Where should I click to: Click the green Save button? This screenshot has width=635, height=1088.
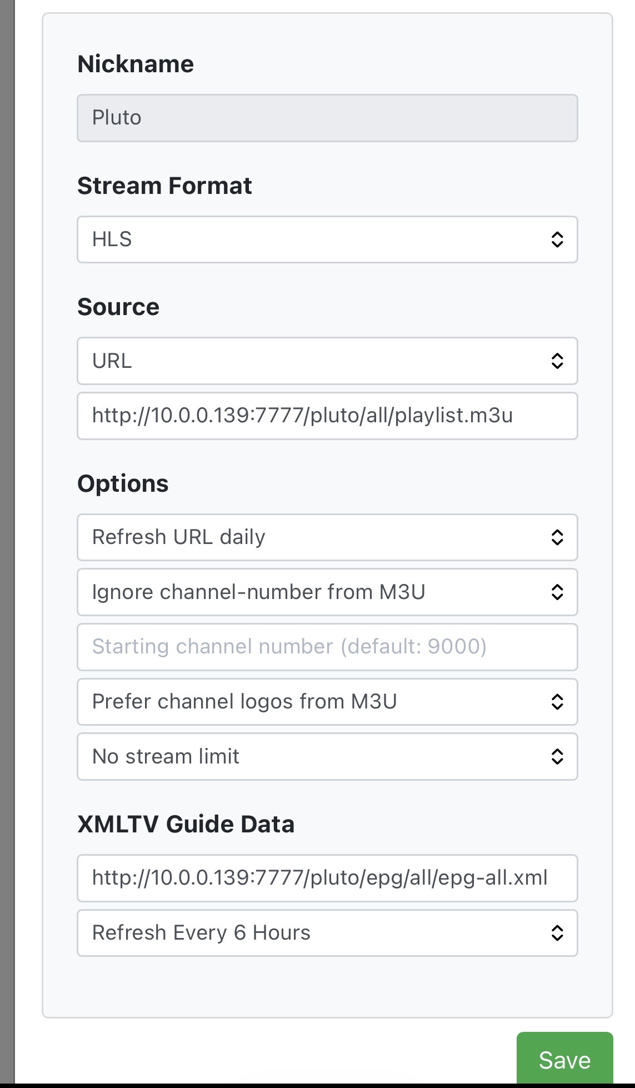[564, 1060]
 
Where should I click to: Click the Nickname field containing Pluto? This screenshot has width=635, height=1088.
[327, 118]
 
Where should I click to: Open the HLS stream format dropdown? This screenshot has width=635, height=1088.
[327, 239]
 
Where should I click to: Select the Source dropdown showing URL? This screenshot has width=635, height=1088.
[327, 361]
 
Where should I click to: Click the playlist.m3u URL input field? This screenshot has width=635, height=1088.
[327, 416]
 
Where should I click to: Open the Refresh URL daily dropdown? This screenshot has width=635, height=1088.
[327, 537]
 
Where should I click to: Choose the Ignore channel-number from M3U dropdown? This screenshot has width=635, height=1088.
[327, 592]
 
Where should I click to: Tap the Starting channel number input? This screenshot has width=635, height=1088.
[327, 647]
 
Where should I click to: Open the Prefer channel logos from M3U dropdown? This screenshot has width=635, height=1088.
[327, 702]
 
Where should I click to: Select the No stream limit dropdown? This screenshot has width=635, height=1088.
[327, 756]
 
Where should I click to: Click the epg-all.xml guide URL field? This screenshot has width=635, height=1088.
[327, 878]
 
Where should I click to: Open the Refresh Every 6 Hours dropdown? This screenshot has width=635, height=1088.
[327, 933]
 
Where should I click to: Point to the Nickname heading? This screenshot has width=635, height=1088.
[136, 64]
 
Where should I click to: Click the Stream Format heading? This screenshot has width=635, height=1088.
[164, 186]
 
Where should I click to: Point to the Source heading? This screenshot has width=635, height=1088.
[118, 307]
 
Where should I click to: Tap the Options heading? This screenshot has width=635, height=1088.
[123, 483]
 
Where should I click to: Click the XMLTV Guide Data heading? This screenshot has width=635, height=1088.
[186, 824]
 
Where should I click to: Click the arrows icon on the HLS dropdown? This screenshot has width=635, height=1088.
[557, 239]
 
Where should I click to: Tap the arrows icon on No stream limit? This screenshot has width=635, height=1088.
[557, 756]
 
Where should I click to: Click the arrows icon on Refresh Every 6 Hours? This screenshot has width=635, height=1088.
[557, 933]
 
